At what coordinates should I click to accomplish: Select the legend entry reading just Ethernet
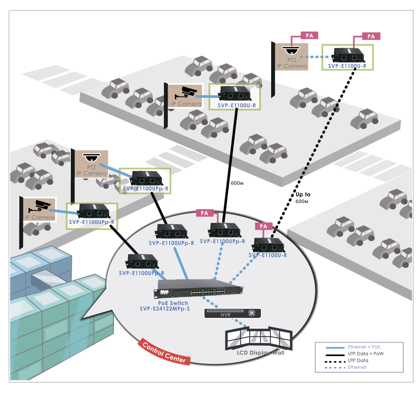(357, 367)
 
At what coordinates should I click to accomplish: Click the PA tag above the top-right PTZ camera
(309, 36)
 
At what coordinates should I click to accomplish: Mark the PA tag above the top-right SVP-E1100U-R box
(371, 36)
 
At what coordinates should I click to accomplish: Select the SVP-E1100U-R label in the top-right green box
(347, 66)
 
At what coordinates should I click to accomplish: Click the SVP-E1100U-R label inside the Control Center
(268, 255)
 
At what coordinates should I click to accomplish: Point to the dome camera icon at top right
(291, 50)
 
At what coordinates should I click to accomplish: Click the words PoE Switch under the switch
(173, 303)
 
